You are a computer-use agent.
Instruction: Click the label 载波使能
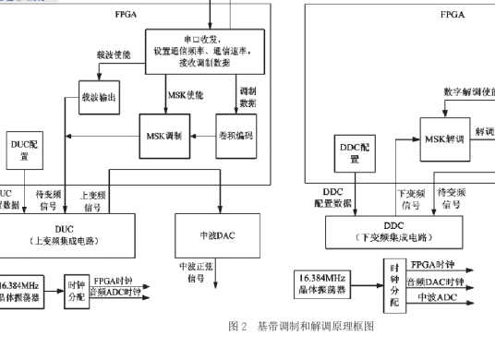coord(114,54)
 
